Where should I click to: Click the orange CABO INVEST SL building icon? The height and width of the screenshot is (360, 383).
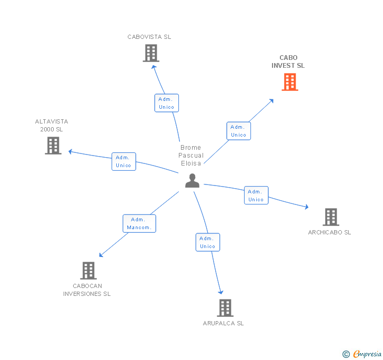coord(290,82)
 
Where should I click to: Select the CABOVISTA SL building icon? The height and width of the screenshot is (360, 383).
coord(151,53)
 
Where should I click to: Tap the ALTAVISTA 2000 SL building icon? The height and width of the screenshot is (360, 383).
coord(53,146)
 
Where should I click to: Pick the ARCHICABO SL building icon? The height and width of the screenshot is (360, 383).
coord(330,217)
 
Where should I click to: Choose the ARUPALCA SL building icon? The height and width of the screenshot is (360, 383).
coord(225,308)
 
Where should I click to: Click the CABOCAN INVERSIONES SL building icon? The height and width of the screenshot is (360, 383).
coord(88,271)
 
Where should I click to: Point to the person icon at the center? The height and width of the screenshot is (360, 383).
coord(193,181)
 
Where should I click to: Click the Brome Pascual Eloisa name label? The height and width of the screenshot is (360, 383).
coord(190,156)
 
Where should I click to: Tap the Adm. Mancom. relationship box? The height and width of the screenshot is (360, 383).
coord(139,223)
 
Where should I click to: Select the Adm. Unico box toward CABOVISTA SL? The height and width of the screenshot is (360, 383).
coord(166,103)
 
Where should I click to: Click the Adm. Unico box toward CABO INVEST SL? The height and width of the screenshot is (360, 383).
coord(238,131)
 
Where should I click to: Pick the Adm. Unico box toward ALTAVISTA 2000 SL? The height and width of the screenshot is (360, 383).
coord(124,161)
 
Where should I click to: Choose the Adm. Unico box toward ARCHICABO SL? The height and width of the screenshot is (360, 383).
coord(256,196)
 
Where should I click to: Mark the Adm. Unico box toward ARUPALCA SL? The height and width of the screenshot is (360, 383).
coord(207,242)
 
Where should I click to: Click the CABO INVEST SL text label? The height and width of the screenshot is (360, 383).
coord(288,62)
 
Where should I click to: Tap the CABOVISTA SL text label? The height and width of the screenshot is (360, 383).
coord(149,37)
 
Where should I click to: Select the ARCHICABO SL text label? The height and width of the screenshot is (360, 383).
coord(330,232)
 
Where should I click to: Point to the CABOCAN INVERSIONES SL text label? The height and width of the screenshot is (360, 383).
coord(87,290)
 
